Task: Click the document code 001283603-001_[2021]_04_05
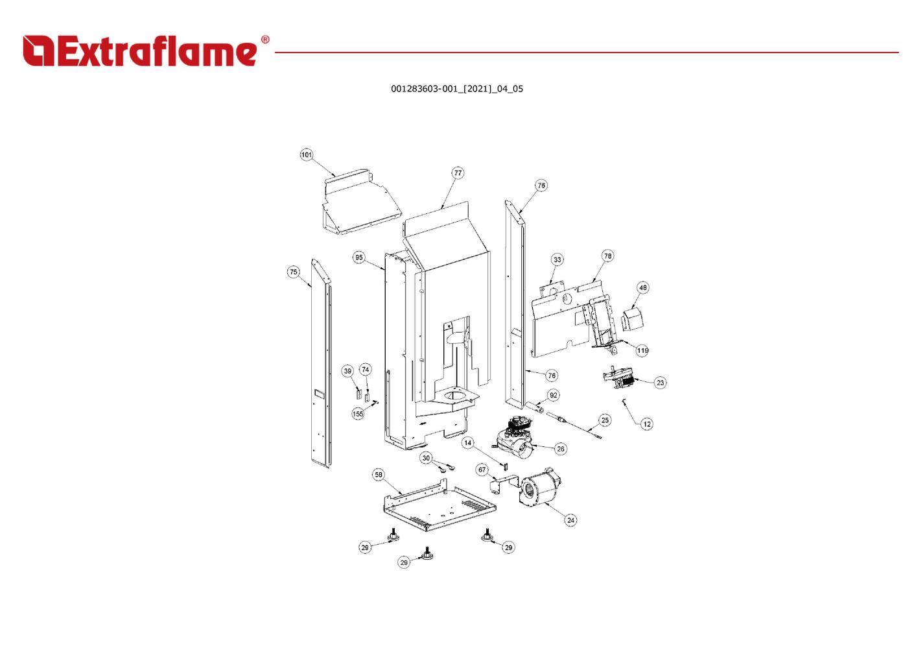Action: pos(456,89)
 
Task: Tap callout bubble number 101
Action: pos(307,155)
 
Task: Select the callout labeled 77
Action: pos(458,173)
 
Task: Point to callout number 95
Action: pos(358,257)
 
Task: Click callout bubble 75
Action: pos(294,272)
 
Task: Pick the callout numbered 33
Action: pos(557,259)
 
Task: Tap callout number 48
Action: pos(642,287)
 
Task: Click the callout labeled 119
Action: pos(642,350)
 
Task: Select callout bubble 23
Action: pos(660,383)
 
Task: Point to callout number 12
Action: pos(647,424)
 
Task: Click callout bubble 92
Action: pos(554,395)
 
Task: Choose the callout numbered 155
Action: pos(358,414)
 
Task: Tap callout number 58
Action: pos(379,475)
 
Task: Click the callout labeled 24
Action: pos(571,520)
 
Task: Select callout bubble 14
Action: pos(467,442)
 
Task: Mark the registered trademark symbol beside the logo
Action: pos(265,40)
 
